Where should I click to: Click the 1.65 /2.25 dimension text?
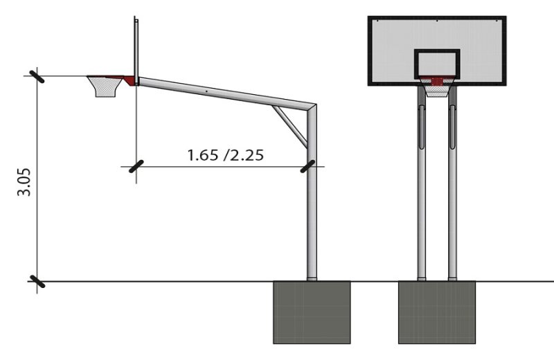click(x=225, y=154)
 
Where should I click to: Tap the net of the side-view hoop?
click(x=105, y=88)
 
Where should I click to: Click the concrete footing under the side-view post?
click(x=312, y=312)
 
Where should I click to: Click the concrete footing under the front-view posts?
click(x=437, y=312)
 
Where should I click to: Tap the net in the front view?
click(x=437, y=90)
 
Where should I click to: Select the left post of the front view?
click(x=421, y=208)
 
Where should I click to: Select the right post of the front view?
click(x=453, y=208)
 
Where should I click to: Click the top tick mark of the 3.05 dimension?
click(x=35, y=75)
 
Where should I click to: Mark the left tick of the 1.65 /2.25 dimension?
click(x=136, y=166)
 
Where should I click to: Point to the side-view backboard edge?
click(x=137, y=48)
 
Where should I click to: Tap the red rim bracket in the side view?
click(x=128, y=80)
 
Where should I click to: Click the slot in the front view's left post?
click(x=421, y=128)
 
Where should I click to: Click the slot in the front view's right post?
click(x=453, y=128)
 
